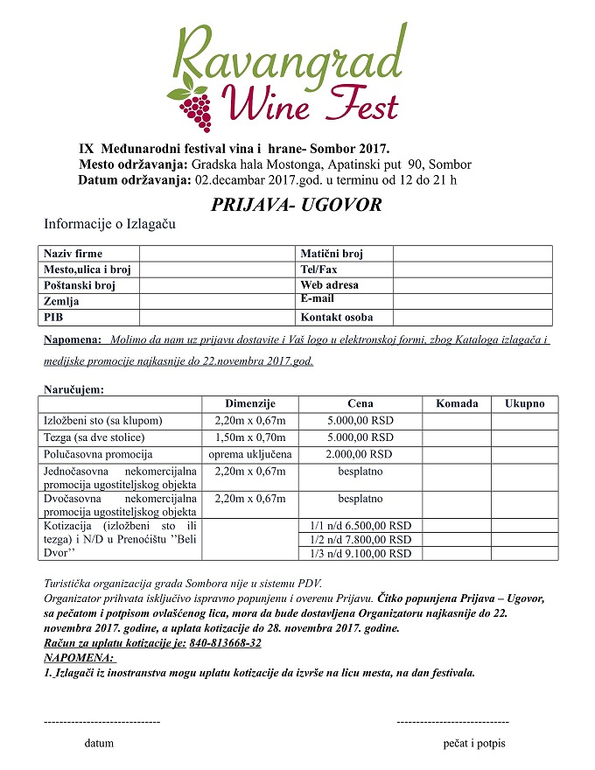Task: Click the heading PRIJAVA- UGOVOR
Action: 297,206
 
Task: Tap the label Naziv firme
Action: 73,254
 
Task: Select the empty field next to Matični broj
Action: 472,254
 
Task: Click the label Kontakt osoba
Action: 335,318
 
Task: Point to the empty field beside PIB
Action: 218,318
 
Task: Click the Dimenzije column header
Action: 250,403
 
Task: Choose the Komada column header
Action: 457,403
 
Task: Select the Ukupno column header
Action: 524,403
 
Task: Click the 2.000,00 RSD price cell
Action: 360,454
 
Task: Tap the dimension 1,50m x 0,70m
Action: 250,437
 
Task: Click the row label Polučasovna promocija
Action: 98,454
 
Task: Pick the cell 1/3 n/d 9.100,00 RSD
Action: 360,553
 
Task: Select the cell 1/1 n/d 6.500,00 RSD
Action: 360,526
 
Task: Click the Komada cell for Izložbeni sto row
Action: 457,421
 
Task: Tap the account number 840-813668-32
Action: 225,643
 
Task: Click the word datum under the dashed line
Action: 99,744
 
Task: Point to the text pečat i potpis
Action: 473,744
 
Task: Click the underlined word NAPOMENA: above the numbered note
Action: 79,656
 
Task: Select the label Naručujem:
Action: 74,388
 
